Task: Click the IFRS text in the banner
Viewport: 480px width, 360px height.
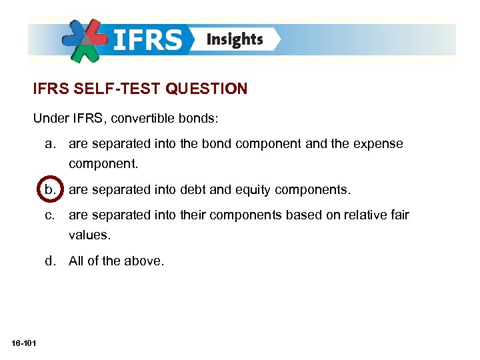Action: point(147,39)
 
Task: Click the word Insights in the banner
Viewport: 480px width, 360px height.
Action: point(235,39)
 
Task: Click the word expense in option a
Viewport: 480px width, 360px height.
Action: point(381,144)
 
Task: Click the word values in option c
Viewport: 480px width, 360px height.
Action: point(88,235)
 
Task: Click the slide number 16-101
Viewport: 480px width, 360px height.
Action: point(24,343)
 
